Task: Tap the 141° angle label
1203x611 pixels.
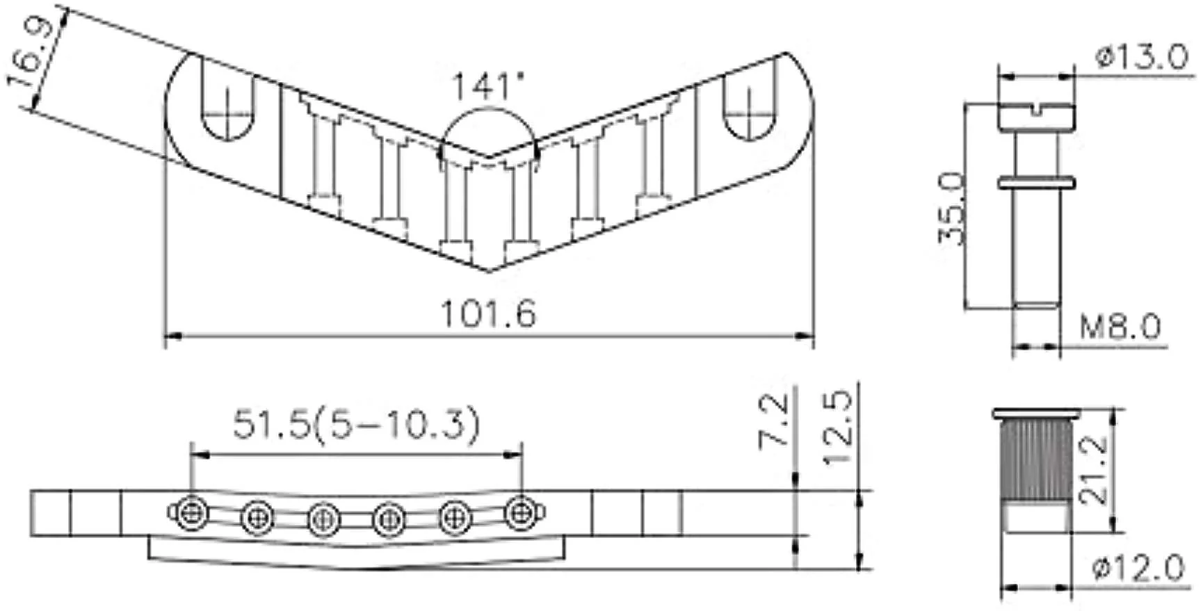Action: [x=487, y=87]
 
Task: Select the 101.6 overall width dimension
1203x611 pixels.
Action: [x=489, y=314]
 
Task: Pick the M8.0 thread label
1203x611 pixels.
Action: [x=1120, y=326]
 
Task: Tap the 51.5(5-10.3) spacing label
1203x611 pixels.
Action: [x=356, y=424]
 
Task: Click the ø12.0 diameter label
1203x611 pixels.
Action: [x=1137, y=569]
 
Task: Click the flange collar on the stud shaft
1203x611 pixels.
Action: [x=1035, y=183]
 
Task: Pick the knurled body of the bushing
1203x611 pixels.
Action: [x=1035, y=462]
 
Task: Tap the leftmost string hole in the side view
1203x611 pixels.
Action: [x=189, y=513]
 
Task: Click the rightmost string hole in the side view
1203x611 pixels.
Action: [x=519, y=513]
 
